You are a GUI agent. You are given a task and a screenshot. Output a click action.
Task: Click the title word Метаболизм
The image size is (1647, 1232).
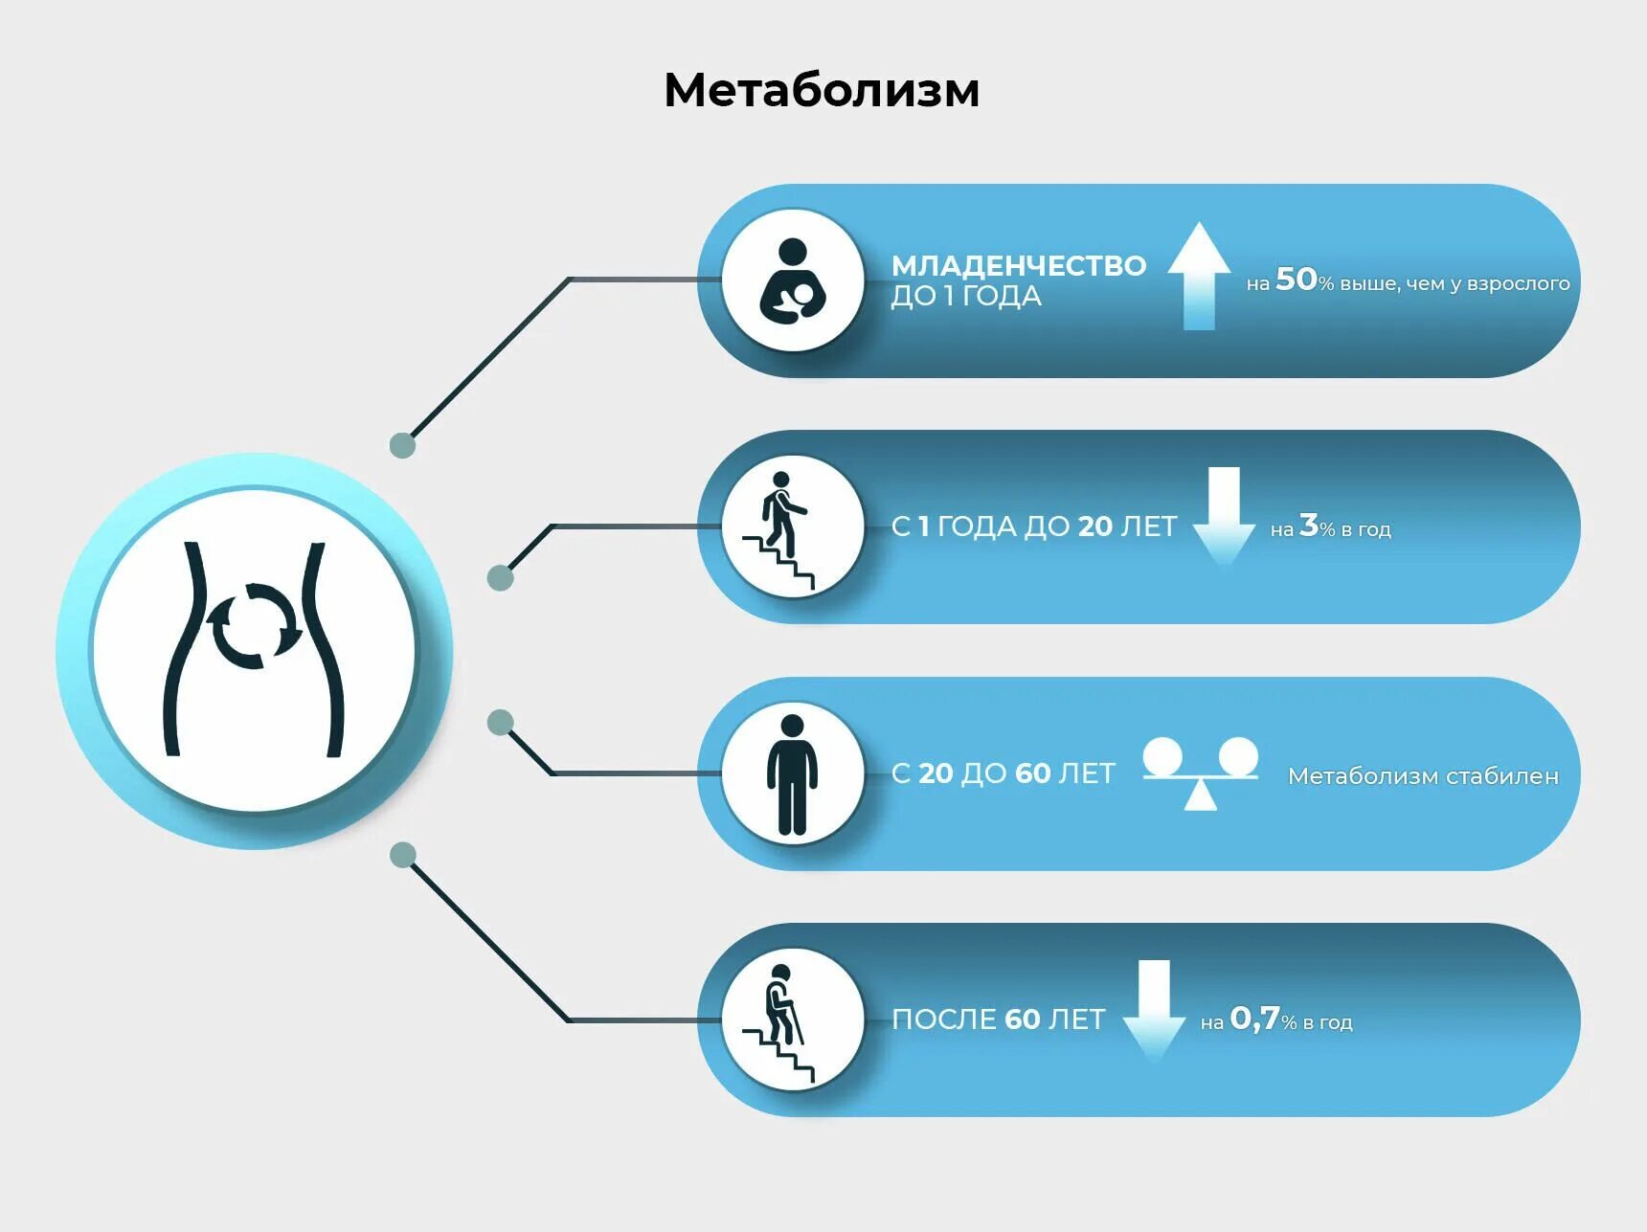coord(822,91)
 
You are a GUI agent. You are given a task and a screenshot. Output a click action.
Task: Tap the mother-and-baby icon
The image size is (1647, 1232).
coord(793,281)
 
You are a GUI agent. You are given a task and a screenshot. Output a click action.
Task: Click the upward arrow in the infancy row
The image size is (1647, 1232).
coord(1199,276)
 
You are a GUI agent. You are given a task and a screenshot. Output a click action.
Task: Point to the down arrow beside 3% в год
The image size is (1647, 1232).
coord(1224,515)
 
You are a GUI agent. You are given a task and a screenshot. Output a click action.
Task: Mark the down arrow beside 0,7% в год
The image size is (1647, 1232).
coord(1154,1010)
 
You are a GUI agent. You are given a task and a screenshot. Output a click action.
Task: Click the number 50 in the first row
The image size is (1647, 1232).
coord(1297,279)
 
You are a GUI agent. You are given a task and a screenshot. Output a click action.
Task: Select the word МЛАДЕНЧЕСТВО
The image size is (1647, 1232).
coord(1018,265)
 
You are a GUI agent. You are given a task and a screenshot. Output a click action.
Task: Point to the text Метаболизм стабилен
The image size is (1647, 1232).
coord(1422,775)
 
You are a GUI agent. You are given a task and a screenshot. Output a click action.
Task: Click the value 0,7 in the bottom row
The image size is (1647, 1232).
coord(1254,1019)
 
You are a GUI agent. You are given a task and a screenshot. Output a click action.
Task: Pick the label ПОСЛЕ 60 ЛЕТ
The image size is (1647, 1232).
coord(998,1019)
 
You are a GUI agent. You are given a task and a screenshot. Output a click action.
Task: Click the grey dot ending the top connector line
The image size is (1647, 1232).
coord(402,445)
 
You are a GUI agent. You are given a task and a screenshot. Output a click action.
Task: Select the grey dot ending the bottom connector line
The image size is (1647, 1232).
coord(403,855)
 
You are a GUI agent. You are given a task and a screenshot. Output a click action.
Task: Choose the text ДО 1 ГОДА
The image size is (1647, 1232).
coord(965,296)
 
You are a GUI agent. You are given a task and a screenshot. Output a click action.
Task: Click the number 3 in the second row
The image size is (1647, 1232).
coord(1308,525)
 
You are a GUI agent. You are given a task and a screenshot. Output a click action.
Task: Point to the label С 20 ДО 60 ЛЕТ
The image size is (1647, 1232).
coord(1003,773)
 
